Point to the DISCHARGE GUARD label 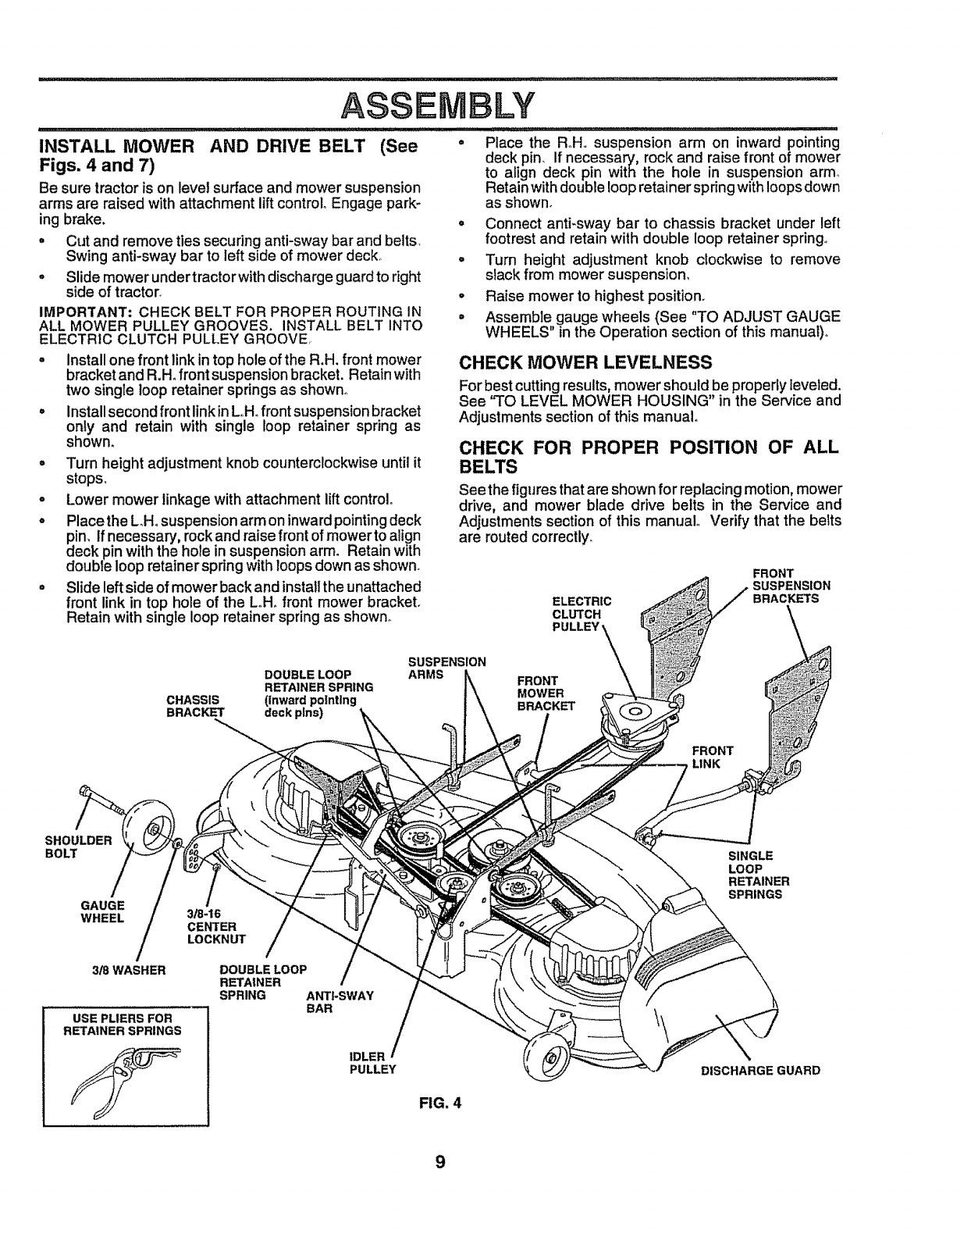coord(760,1070)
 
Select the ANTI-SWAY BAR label coord(341,1002)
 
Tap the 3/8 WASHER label coord(130,970)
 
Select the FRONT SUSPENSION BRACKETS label coord(788,586)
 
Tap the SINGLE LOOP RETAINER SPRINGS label coord(759,874)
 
